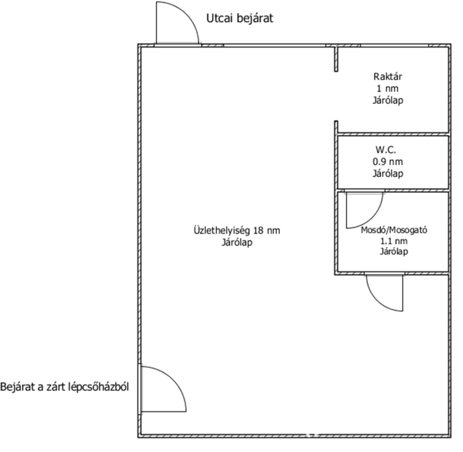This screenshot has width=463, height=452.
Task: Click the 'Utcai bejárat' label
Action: [x=240, y=19]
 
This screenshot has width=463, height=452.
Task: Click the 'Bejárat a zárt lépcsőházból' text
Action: [x=65, y=387]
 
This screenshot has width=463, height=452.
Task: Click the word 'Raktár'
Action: [x=387, y=76]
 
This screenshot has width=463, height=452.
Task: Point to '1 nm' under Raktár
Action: [x=387, y=88]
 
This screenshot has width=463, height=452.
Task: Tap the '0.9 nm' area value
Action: [x=387, y=161]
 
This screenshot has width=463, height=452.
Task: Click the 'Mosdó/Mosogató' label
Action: [x=393, y=230]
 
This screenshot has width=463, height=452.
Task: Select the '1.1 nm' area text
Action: [x=393, y=241]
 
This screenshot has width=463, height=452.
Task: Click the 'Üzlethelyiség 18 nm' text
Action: [x=236, y=230]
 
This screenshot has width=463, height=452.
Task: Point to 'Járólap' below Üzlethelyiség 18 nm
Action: [x=236, y=242]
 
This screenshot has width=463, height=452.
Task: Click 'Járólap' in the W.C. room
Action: [x=387, y=173]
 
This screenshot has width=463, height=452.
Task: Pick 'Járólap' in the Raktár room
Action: [x=387, y=100]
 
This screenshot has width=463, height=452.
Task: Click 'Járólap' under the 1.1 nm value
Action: [x=393, y=252]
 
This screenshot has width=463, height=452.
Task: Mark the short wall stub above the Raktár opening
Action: [x=336, y=59]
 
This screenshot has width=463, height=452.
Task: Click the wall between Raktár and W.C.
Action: [x=392, y=134]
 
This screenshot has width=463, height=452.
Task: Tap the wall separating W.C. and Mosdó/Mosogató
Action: [x=392, y=190]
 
